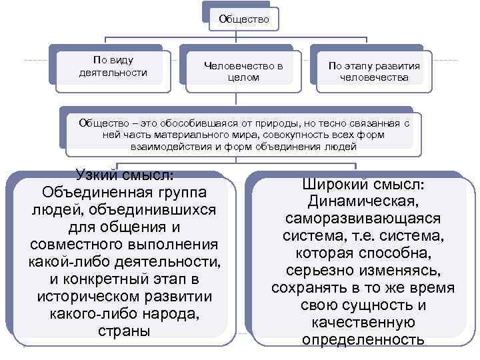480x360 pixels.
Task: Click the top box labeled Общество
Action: click(x=243, y=19)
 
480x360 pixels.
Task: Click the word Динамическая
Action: click(x=363, y=201)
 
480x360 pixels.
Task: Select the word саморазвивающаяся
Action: click(x=363, y=219)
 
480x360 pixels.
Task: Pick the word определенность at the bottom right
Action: click(x=363, y=340)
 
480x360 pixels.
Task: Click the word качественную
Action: click(x=363, y=323)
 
